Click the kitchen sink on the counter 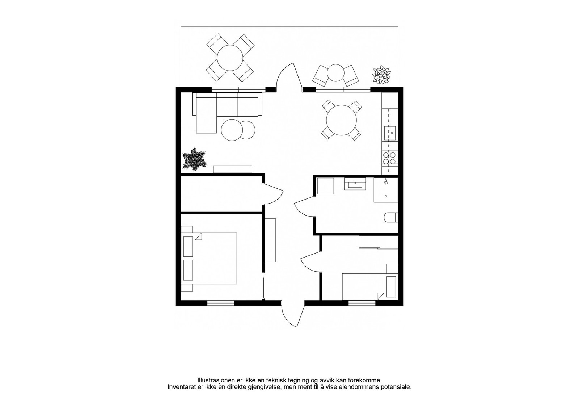(x=390, y=133)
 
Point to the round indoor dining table (x=341, y=120)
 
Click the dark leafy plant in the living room (x=195, y=160)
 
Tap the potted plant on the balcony (x=381, y=75)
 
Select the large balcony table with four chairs (x=230, y=58)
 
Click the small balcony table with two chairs (x=335, y=74)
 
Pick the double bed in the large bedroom (x=215, y=258)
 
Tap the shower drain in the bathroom (x=386, y=196)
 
